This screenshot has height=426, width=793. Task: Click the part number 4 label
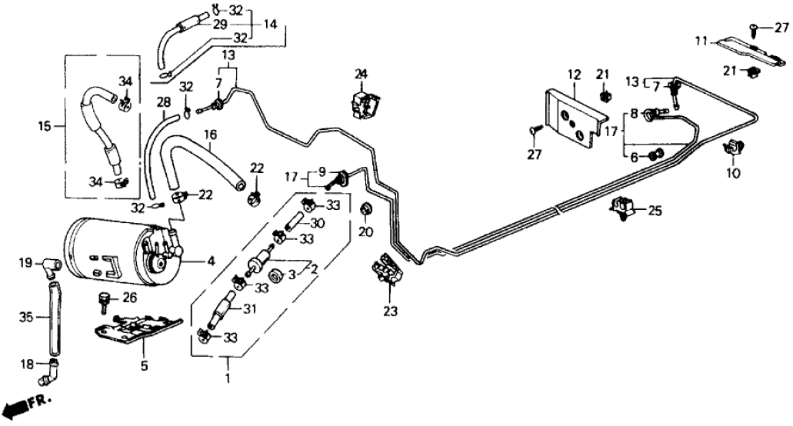coord(210,261)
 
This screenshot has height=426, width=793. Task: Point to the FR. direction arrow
coord(23,403)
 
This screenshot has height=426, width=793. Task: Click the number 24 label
coord(362,75)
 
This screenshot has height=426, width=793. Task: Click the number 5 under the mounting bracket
coord(144,367)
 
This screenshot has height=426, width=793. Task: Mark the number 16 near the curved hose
coord(209,135)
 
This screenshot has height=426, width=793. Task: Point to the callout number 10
coord(731,174)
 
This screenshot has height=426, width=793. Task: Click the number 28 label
coord(163,102)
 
